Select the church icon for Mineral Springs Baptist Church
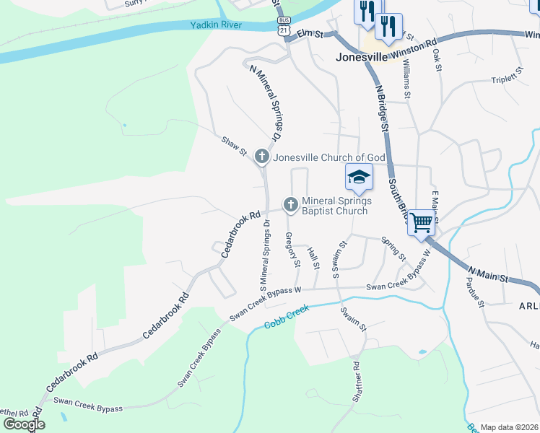291,205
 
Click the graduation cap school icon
359,177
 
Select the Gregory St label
292,250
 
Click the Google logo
25,424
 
